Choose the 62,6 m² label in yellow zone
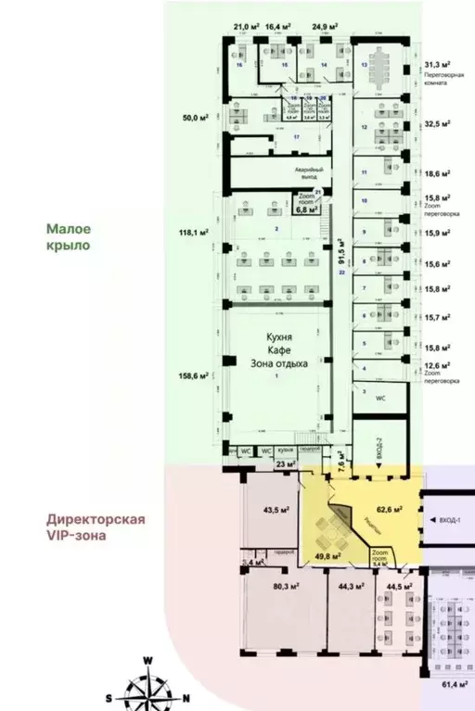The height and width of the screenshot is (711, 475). pyautogui.click(x=387, y=508)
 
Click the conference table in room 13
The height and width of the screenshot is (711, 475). pyautogui.click(x=379, y=66)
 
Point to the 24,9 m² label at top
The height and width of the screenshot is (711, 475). pyautogui.click(x=324, y=28)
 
